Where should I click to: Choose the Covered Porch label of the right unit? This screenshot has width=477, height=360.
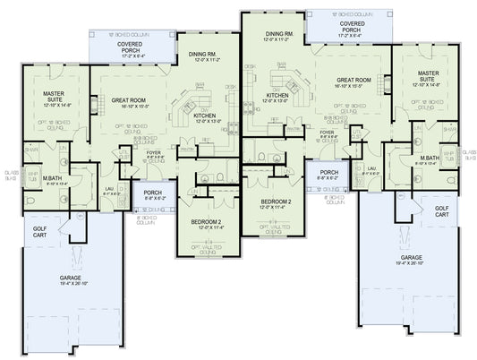(x=345, y=28)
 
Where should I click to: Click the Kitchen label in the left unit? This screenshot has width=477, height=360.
(x=205, y=116)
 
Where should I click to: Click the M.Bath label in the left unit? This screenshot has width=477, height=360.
(x=42, y=182)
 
